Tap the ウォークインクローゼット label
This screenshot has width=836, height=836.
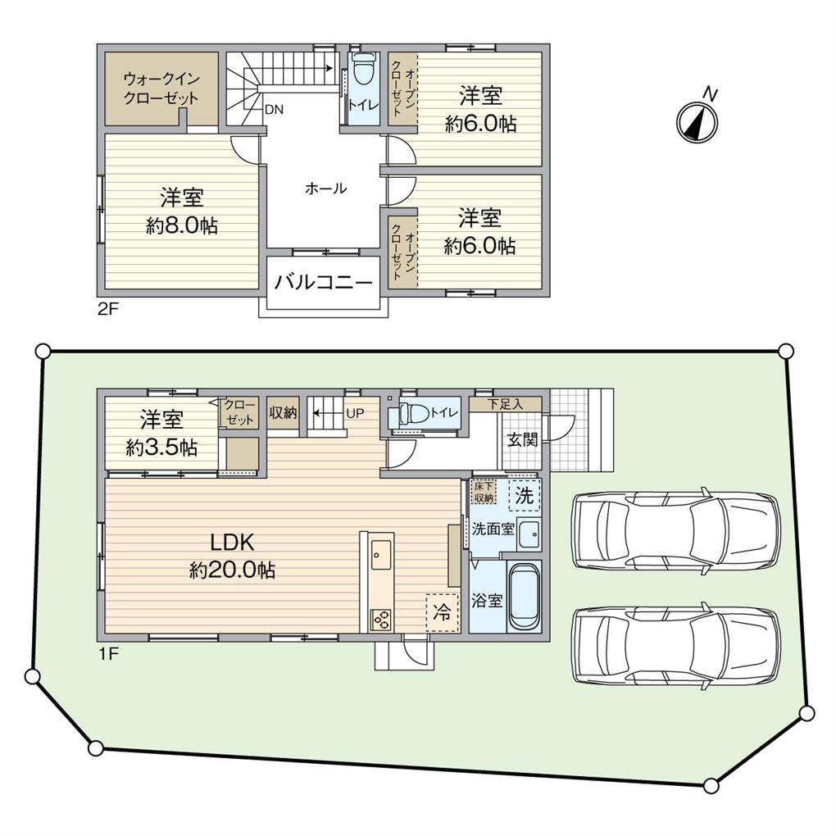point(161,89)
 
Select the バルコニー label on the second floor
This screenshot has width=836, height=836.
point(324,283)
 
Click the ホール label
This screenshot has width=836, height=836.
point(325,189)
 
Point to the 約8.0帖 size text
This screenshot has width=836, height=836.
point(182,226)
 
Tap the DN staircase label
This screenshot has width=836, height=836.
point(274,108)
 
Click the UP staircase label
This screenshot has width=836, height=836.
point(356,412)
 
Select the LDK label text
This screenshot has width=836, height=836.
point(234,543)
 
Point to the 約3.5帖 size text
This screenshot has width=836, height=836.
point(161,448)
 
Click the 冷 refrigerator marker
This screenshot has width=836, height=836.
point(442,611)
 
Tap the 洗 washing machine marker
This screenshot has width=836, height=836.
point(524,496)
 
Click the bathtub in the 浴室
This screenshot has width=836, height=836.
point(524,597)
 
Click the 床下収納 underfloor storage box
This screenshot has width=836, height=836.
point(484,492)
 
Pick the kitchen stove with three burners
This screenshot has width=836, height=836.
point(381,619)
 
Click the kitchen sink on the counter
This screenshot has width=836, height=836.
point(381,555)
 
